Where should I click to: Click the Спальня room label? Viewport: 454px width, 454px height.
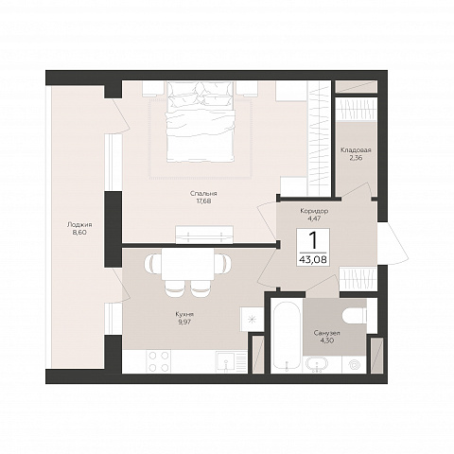click(203, 194)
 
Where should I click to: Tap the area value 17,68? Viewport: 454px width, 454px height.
click(203, 201)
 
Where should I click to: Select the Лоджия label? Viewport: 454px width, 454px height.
click(79, 225)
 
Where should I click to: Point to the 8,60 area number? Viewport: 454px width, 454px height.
click(79, 233)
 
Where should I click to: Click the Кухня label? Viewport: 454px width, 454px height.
click(184, 314)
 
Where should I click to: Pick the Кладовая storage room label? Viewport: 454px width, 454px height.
click(356, 150)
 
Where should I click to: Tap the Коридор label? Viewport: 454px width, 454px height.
click(314, 211)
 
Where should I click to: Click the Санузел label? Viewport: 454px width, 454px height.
click(327, 333)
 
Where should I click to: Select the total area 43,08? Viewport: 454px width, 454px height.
click(313, 260)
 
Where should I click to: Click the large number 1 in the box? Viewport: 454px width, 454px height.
click(313, 240)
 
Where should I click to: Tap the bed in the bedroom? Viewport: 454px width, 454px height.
click(201, 122)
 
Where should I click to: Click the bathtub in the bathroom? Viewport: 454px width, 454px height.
click(287, 336)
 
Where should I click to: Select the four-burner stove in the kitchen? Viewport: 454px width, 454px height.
click(159, 361)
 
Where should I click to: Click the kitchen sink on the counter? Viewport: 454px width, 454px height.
click(227, 362)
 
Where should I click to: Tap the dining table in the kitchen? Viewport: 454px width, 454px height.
click(188, 263)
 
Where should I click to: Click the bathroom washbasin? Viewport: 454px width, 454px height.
click(316, 364)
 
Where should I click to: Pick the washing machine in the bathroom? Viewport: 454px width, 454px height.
click(354, 364)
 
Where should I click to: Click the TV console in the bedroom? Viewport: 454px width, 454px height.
click(204, 235)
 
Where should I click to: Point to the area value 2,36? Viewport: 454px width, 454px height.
click(356, 158)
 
